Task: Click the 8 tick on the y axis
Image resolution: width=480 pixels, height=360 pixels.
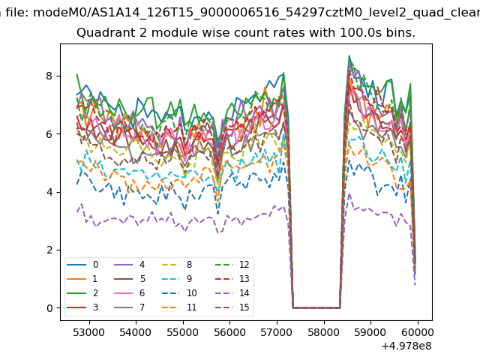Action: click(x=50, y=76)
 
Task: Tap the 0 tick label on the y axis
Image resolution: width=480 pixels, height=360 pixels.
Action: click(x=50, y=307)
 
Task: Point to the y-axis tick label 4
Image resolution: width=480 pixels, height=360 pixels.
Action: click(x=50, y=192)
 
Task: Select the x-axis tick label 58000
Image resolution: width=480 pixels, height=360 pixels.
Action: click(x=324, y=331)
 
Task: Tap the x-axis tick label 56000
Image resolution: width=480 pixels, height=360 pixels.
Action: click(x=230, y=331)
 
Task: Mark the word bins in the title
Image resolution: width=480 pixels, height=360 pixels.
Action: click(x=402, y=33)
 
